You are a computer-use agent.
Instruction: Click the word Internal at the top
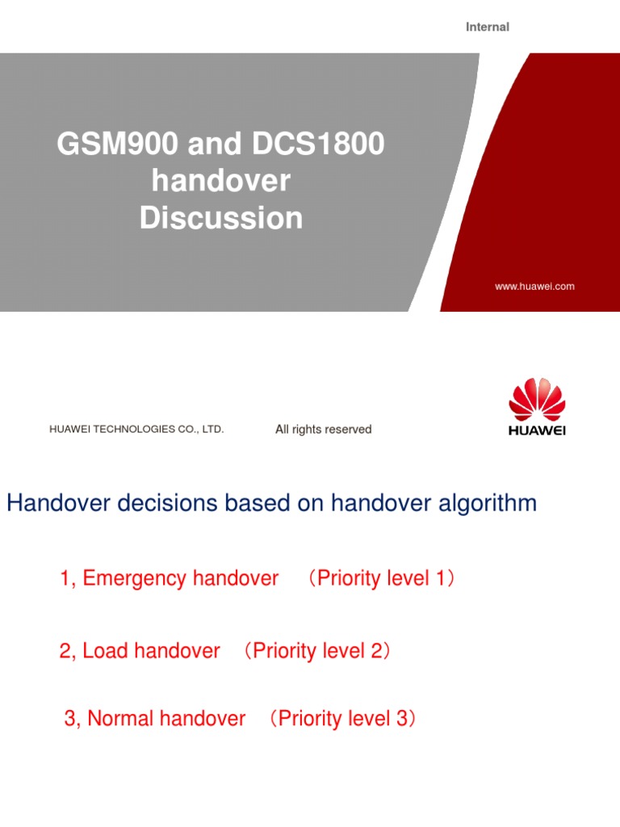coord(488,27)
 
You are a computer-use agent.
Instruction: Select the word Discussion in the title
coord(221,218)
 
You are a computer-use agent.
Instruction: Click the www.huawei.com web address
coord(534,287)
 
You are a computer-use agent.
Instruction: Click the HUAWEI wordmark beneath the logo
coord(537,430)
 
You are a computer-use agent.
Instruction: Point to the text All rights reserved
coord(324,430)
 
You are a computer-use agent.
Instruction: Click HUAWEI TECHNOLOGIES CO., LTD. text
coord(136,430)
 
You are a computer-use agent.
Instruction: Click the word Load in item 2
coord(106,651)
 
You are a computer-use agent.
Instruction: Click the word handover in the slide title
coord(221,181)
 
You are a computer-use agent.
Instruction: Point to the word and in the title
coord(212,145)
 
